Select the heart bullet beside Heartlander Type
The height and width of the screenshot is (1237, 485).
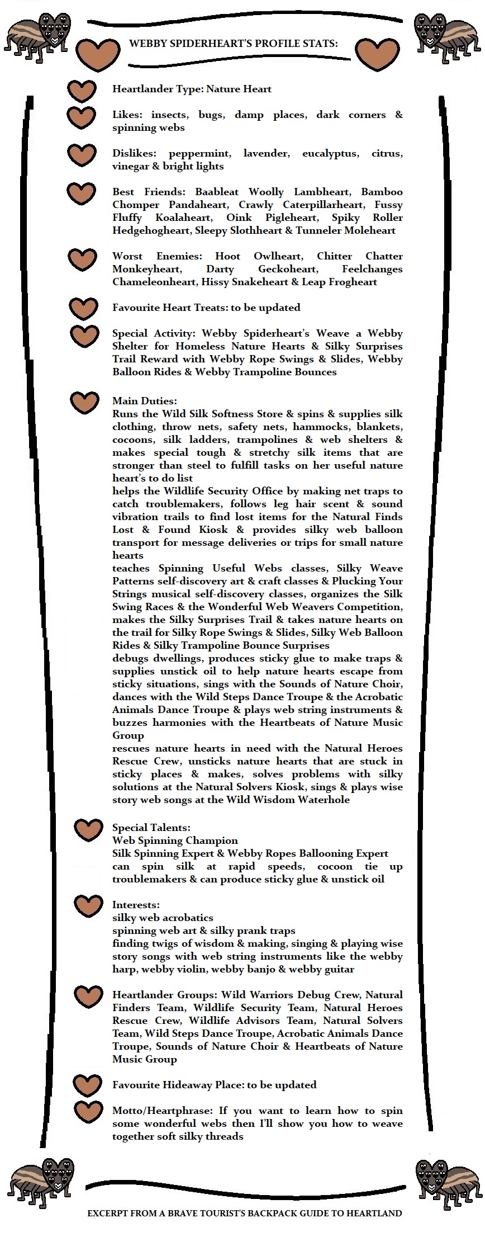point(82,90)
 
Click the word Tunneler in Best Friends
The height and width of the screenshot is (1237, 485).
point(317,230)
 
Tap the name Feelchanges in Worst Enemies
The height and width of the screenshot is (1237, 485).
point(372,269)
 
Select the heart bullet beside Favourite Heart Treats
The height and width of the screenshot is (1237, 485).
point(84,308)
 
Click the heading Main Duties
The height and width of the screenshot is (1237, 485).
point(144,401)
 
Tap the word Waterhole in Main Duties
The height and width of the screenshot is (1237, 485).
point(326,800)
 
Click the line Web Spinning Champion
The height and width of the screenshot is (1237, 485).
point(175,841)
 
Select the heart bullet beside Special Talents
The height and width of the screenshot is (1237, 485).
point(88,830)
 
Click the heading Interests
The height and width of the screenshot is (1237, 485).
point(136,905)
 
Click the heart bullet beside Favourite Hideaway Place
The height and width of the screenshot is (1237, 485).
point(88,1085)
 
